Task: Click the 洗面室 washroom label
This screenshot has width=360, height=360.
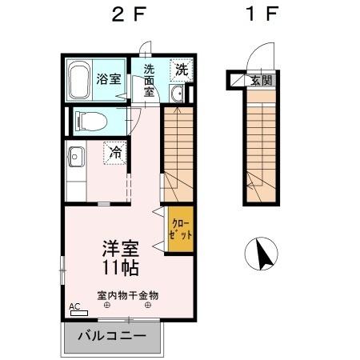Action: (x=149, y=80)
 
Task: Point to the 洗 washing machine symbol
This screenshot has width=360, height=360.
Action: (x=182, y=70)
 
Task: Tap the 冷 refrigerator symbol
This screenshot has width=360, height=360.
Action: (x=114, y=151)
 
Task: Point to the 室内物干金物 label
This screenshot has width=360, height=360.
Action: (x=128, y=294)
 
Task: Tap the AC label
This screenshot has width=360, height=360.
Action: (x=74, y=306)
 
